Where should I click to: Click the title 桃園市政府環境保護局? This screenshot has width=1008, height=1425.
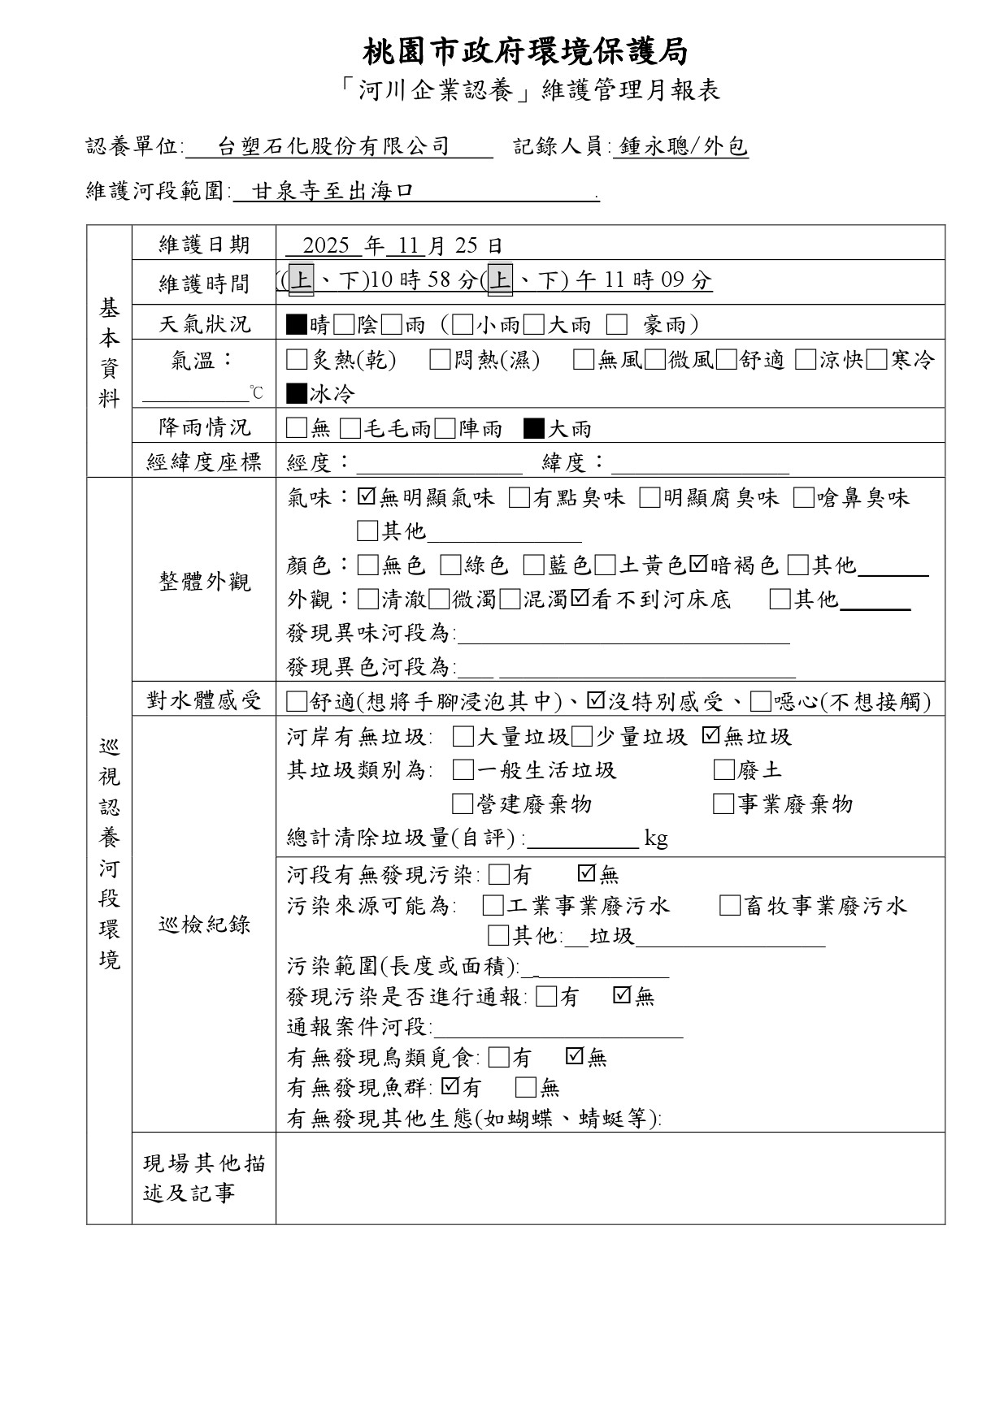click(x=525, y=52)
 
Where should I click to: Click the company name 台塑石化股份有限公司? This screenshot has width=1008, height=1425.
click(x=334, y=146)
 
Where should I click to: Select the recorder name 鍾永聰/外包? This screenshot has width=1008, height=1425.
click(x=682, y=146)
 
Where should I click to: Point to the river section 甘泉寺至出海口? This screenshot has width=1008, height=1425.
click(x=333, y=192)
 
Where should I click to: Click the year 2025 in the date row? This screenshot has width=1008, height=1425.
click(x=326, y=245)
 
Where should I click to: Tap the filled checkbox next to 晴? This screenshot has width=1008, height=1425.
click(x=297, y=325)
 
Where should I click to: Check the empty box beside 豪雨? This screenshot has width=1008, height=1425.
click(x=617, y=325)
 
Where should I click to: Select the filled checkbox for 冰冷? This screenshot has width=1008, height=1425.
click(x=297, y=394)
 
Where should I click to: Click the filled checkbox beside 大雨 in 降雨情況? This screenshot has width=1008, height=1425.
click(x=534, y=428)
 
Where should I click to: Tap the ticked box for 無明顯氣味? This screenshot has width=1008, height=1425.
click(x=366, y=497)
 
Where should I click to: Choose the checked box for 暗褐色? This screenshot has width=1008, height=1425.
click(x=698, y=565)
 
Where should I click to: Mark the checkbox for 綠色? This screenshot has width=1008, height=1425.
click(x=450, y=565)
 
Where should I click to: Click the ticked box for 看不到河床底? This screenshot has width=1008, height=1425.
click(x=580, y=600)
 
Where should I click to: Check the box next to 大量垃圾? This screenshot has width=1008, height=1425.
click(x=463, y=737)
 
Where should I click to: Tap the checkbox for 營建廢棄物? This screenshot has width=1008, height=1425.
click(x=463, y=804)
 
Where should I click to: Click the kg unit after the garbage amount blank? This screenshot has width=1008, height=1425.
click(x=656, y=838)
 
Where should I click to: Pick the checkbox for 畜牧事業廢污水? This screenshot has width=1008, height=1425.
click(x=729, y=906)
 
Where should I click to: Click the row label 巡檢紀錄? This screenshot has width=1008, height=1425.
click(x=204, y=924)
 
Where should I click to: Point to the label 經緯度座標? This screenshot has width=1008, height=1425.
click(x=204, y=462)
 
